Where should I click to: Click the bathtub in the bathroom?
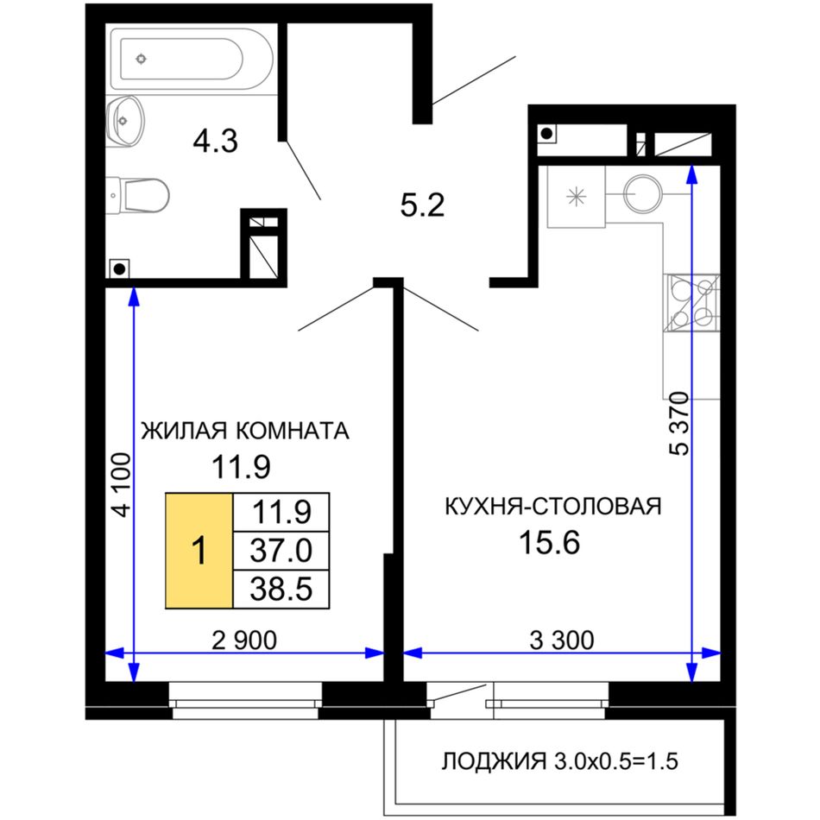pos(192,59)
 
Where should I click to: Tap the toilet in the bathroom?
pos(137,196)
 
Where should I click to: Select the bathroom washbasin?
pos(124,121)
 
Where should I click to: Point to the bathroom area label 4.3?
pos(215,141)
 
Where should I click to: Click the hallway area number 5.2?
pos(422,205)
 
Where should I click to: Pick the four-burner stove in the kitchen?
pos(691,303)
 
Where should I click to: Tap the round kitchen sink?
pos(643,193)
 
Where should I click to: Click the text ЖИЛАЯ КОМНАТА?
pos(245,431)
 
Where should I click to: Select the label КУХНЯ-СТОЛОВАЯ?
pos(552,506)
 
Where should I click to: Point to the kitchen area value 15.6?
pos(549,542)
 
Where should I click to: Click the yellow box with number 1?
pos(199,551)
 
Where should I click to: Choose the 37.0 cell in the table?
pos(281,551)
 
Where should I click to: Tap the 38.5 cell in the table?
pos(281,590)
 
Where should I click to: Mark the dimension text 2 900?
pos(244,640)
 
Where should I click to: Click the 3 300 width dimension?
pos(562,640)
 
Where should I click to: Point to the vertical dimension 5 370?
pos(679,424)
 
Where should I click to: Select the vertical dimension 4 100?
pos(122,485)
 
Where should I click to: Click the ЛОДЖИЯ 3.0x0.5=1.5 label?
pos(559,761)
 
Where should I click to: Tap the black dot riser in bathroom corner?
pos(120,269)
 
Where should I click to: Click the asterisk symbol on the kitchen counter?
pos(577,197)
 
